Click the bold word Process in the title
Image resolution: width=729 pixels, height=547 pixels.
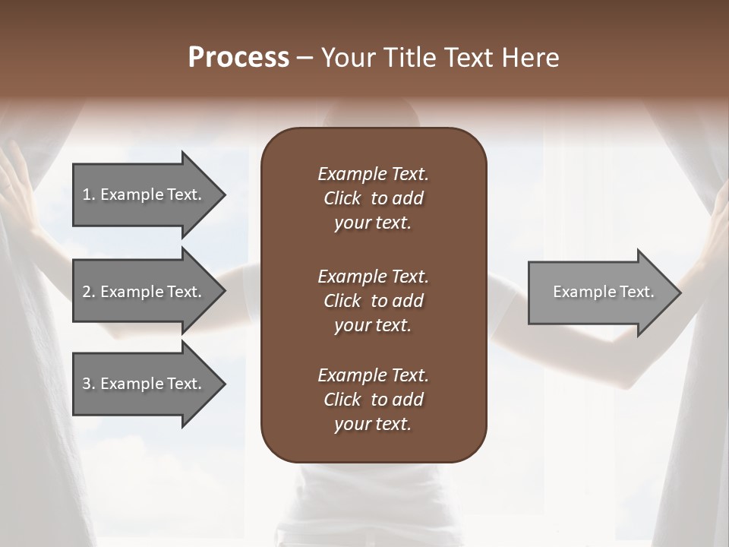238,58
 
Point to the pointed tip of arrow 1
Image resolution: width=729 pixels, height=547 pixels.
223,194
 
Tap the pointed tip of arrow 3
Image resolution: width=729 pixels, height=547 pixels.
223,384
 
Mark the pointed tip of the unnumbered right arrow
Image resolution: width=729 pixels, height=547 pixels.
679,292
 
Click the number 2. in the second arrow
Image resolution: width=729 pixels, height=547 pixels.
89,292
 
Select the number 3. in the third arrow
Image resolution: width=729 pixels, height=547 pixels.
89,384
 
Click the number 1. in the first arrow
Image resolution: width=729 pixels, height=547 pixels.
89,194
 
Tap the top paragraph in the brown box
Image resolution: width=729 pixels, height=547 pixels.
373,198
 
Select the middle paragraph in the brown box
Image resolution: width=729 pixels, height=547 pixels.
373,300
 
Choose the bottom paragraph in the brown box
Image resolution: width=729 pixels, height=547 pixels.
373,400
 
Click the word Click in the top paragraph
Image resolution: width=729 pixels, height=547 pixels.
342,198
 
